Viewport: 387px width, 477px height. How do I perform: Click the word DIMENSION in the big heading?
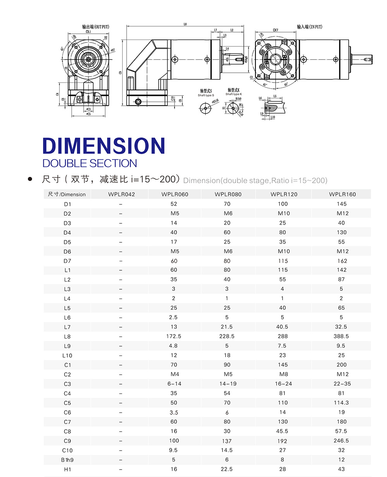pyautogui.click(x=104, y=146)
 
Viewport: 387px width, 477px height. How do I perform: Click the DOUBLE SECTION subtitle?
pyautogui.click(x=89, y=163)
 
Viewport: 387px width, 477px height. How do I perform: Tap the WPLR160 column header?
pyautogui.click(x=342, y=194)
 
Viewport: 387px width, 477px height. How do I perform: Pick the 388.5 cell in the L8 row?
pyautogui.click(x=341, y=336)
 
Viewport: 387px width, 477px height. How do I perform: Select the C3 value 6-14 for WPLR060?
pyautogui.click(x=173, y=384)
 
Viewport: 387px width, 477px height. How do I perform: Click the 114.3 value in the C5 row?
pyautogui.click(x=341, y=403)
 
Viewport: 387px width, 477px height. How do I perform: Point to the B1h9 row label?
pyautogui.click(x=67, y=460)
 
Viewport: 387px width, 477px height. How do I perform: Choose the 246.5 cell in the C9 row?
pyautogui.click(x=341, y=441)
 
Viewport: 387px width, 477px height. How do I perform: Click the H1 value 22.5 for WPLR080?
pyautogui.click(x=227, y=469)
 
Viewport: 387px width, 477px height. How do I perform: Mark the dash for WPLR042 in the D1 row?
pyautogui.click(x=121, y=204)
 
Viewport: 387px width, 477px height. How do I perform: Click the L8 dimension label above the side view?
pyautogui.click(x=185, y=24)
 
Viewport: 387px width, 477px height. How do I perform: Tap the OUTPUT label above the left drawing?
pyautogui.click(x=96, y=27)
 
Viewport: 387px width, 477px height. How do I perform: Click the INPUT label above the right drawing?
pyautogui.click(x=309, y=27)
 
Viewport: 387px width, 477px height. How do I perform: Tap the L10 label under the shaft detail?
pyautogui.click(x=272, y=117)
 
